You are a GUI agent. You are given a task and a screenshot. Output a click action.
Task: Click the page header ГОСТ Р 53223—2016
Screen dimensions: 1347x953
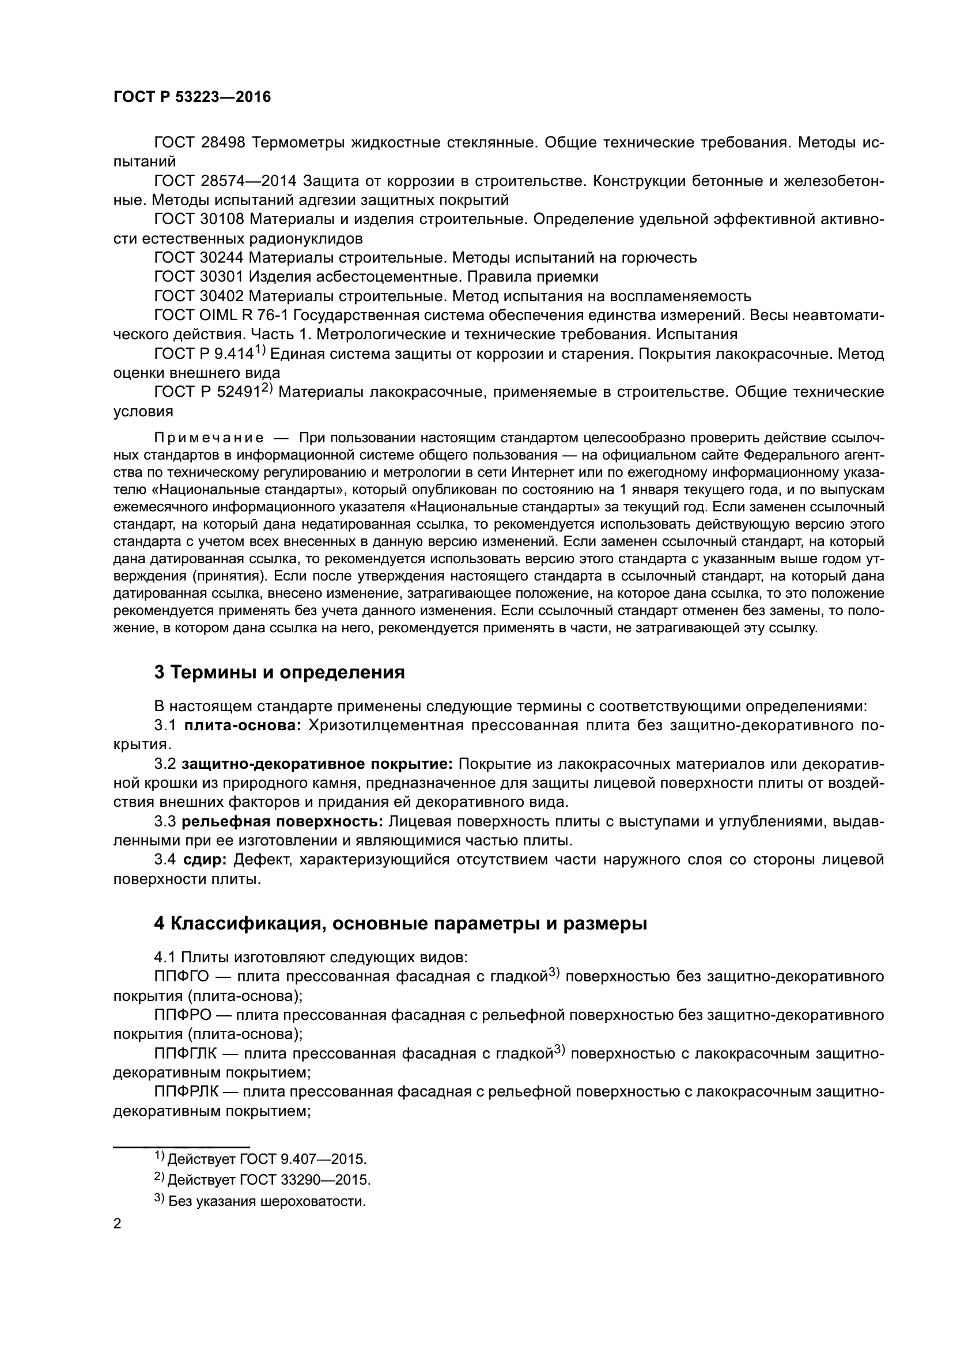pyautogui.click(x=192, y=97)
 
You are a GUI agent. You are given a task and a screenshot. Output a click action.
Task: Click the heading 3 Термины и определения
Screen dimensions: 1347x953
pyautogui.click(x=279, y=672)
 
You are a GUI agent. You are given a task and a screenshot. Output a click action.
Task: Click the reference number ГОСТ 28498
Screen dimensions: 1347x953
pyautogui.click(x=199, y=143)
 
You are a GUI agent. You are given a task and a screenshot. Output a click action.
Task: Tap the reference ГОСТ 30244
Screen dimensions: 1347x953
pyautogui.click(x=199, y=257)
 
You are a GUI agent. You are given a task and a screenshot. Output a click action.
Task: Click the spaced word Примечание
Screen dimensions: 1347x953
pyautogui.click(x=209, y=438)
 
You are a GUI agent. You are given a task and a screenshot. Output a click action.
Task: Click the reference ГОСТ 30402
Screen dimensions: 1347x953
pyautogui.click(x=199, y=295)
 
